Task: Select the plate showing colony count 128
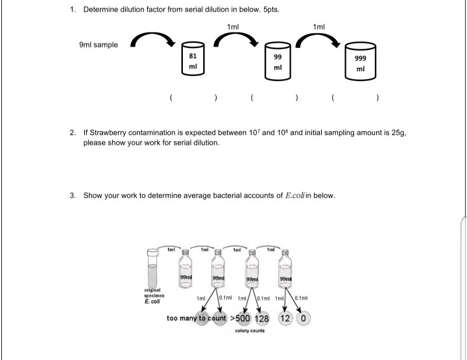[x=263, y=318]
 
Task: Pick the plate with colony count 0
[x=304, y=318]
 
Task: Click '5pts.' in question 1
[x=269, y=10]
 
